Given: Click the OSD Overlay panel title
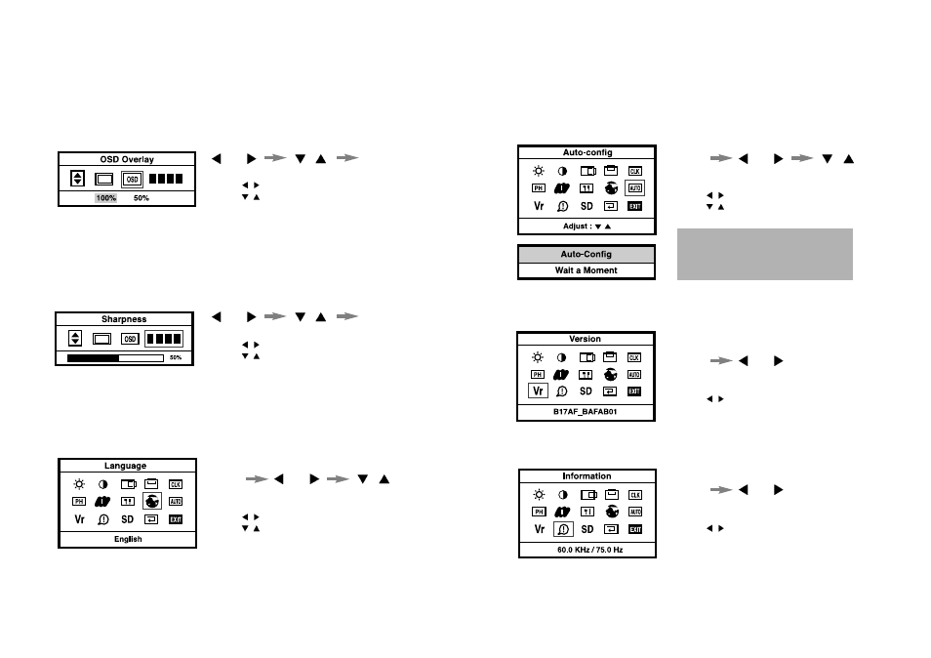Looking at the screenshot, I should tap(127, 159).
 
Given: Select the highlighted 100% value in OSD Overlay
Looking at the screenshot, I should tap(105, 198).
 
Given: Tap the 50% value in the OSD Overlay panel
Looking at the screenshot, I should tap(142, 198).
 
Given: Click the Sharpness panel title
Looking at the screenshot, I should tap(124, 319).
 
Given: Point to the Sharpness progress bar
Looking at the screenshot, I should tap(115, 358).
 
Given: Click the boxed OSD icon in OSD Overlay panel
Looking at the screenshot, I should tap(132, 179).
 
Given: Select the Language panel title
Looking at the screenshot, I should tap(126, 466).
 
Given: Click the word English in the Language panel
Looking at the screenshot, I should tap(128, 539).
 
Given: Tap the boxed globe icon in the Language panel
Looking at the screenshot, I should tap(151, 501).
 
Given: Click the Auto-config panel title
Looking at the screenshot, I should tap(586, 152).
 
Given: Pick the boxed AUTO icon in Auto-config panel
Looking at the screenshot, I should tap(634, 187).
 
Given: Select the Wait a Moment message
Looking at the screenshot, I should tap(586, 270).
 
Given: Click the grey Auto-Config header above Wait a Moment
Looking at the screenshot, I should tap(586, 254).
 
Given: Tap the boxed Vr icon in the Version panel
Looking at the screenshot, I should tap(538, 391).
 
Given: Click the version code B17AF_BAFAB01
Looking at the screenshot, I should tap(586, 413).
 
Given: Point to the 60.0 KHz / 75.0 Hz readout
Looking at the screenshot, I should tap(588, 551).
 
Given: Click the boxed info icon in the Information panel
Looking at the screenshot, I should tap(563, 529).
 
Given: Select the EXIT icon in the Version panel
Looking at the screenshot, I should tap(634, 391).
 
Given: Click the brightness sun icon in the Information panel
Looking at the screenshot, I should tap(539, 495).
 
